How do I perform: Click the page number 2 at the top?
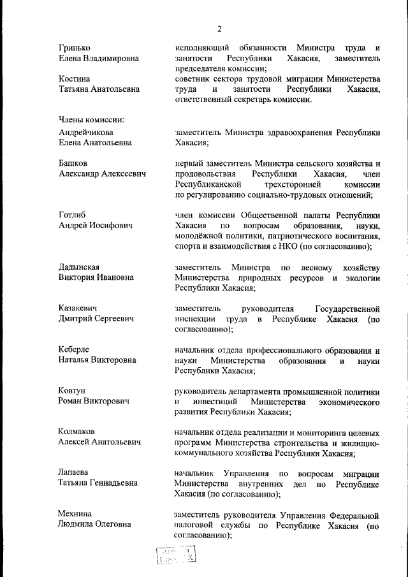pos(219,29)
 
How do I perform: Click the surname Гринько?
pos(74,48)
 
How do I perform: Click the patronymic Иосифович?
pos(108,226)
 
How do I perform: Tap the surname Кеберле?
pos(73,349)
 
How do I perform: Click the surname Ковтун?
pos(71,390)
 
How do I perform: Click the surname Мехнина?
pos(75,514)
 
